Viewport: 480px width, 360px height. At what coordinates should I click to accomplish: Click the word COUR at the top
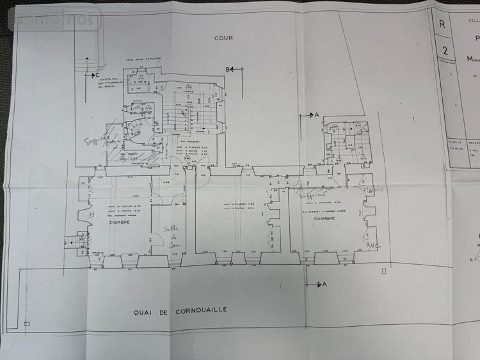click(224, 38)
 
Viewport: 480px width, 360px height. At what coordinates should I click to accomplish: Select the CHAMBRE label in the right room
click(324, 218)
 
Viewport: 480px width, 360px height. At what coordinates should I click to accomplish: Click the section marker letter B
click(227, 68)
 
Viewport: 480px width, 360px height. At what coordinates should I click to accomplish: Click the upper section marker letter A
click(316, 114)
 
